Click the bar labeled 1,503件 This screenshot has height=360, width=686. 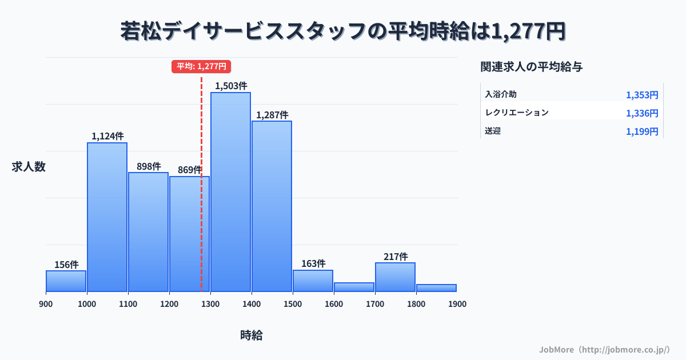(x=230, y=191)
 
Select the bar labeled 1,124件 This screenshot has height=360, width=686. (x=107, y=217)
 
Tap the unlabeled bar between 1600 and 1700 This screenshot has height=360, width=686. (x=354, y=287)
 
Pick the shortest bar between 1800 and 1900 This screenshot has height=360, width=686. (x=436, y=288)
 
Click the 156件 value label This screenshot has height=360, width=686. (x=66, y=265)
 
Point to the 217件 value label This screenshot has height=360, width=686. (x=396, y=257)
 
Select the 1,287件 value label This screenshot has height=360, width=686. (x=272, y=115)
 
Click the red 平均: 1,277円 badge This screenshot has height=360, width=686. (x=201, y=66)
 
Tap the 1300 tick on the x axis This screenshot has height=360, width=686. (x=210, y=304)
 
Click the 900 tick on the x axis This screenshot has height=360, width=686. (x=46, y=304)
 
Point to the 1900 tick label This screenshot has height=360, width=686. (x=457, y=304)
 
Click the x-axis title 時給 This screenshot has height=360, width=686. (x=252, y=335)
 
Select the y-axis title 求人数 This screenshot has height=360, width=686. (x=29, y=167)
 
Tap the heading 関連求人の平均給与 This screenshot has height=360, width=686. (x=532, y=66)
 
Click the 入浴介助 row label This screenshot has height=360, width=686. (x=501, y=94)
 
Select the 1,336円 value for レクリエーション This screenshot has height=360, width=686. (x=642, y=113)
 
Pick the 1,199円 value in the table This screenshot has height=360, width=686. (x=642, y=131)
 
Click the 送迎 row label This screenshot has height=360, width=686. (x=493, y=131)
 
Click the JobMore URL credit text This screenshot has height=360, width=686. (x=604, y=349)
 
